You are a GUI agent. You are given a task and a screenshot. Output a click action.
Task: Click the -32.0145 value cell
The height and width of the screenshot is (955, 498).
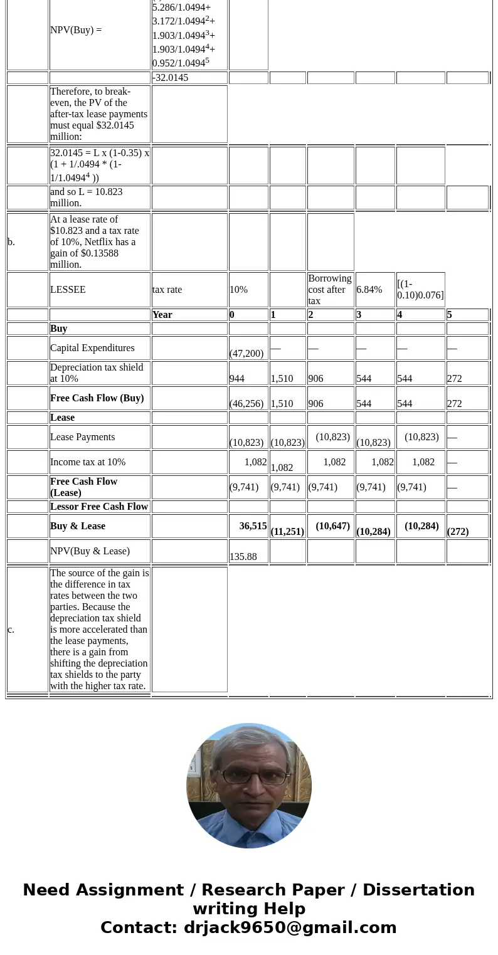[x=171, y=78]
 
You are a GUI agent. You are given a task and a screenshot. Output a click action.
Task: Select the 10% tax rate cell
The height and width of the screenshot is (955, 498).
[x=238, y=290]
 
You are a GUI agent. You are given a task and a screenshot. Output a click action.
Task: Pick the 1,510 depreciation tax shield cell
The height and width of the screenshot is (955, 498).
[x=282, y=379]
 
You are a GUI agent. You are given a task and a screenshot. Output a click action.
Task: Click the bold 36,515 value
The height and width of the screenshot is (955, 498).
[x=253, y=526]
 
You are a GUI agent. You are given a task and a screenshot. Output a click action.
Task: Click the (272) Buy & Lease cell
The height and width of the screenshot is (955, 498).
[x=458, y=531]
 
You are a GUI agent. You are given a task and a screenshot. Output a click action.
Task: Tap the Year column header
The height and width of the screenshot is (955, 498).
[x=162, y=315]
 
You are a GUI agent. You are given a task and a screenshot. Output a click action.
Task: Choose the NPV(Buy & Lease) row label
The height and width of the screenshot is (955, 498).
[x=90, y=551]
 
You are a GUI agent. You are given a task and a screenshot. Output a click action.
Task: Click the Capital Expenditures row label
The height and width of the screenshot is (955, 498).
[x=92, y=348]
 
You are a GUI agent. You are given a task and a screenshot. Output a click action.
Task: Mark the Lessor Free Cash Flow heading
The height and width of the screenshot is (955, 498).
[x=99, y=507]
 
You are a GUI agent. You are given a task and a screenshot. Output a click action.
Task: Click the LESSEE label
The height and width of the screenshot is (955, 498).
[x=68, y=290]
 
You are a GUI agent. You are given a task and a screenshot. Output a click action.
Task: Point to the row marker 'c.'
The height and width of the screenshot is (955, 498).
[x=11, y=630]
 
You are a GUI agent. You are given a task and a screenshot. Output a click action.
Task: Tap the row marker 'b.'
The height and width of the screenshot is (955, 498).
[x=11, y=242]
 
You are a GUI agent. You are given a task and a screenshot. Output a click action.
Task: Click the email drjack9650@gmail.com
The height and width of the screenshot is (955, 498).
[x=290, y=928]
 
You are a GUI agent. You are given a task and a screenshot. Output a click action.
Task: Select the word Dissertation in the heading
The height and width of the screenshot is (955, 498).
[x=418, y=890]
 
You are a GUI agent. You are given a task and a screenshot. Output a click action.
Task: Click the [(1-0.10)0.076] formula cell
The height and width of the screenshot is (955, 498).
[x=420, y=290]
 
